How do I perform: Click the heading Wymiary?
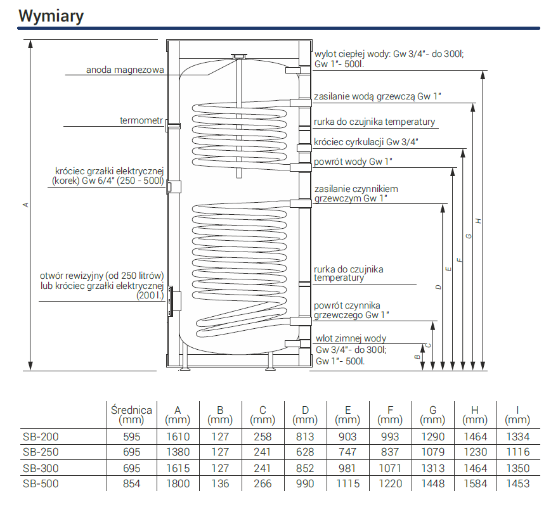click(x=51, y=16)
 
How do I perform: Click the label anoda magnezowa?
click(x=126, y=70)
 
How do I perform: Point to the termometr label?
click(x=141, y=120)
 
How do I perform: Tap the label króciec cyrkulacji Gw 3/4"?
click(x=367, y=141)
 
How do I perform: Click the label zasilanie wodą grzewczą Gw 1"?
click(x=377, y=96)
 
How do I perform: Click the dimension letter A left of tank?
click(x=25, y=204)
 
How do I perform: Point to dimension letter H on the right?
click(x=479, y=221)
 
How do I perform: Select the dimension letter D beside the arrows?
click(x=438, y=287)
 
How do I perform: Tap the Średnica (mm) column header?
click(x=131, y=414)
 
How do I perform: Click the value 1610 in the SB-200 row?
click(x=178, y=437)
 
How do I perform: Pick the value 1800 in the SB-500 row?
click(x=178, y=483)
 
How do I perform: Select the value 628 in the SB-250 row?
click(x=305, y=452)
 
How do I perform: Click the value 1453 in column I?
click(x=518, y=483)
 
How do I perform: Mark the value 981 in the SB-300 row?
click(x=347, y=468)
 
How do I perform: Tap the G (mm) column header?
click(x=432, y=414)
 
